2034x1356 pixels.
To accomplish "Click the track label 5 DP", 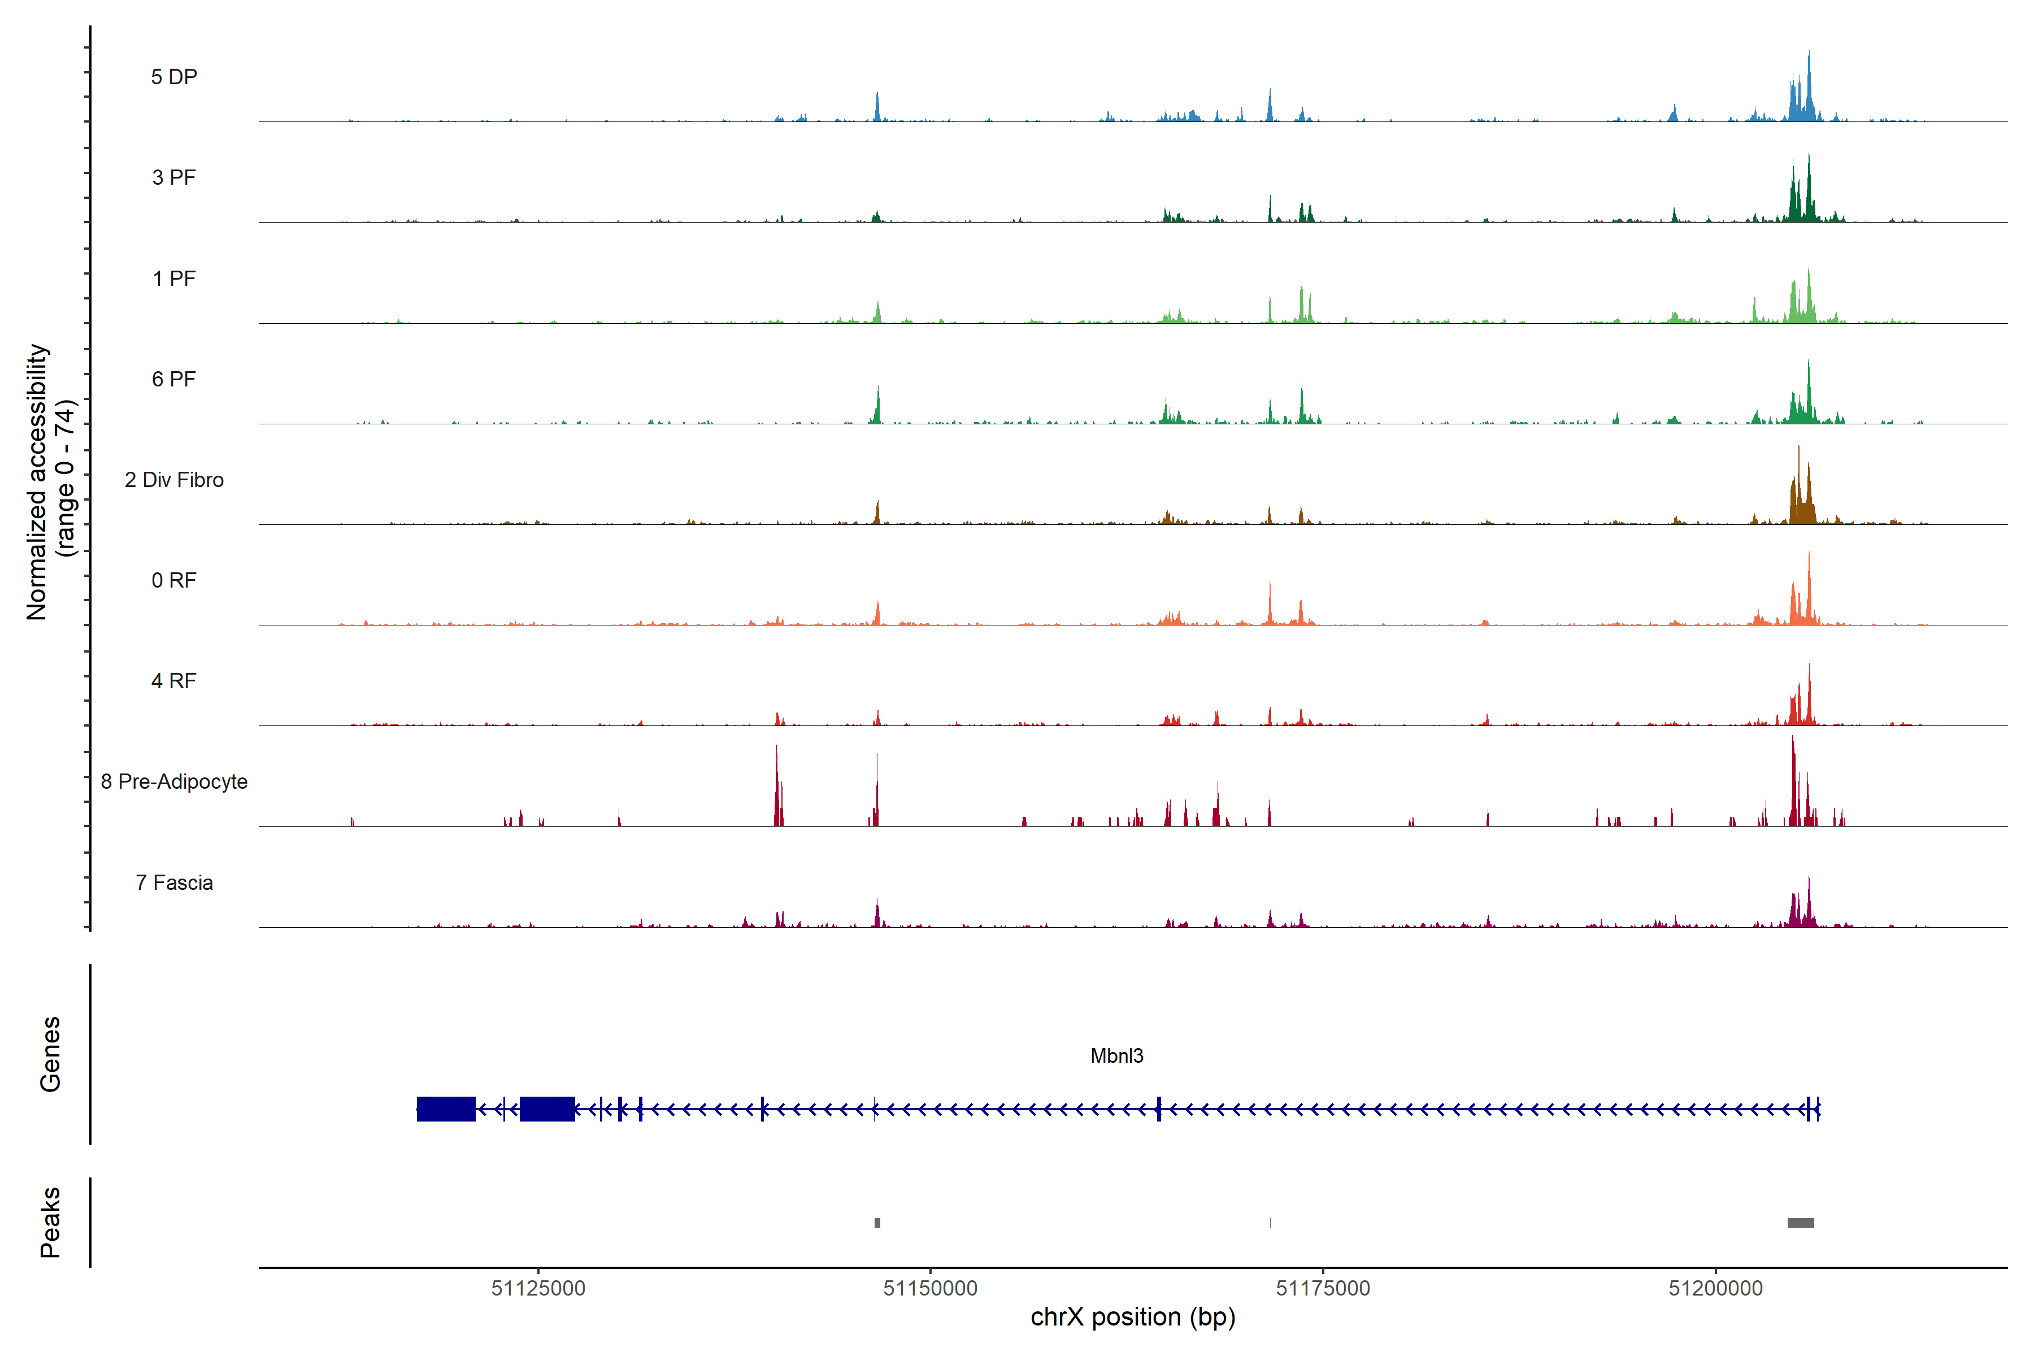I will point(174,77).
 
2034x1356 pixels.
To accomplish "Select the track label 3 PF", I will point(174,177).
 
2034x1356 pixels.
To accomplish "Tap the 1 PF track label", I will point(174,279).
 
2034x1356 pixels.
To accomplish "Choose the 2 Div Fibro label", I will point(174,480).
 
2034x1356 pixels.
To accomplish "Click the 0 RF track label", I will point(174,580).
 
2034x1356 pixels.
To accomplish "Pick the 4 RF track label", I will point(174,681).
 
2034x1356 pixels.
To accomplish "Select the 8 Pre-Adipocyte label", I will point(174,782).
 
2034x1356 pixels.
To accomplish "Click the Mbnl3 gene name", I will point(1116,1056).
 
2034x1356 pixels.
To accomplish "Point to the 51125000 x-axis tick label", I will point(538,1289).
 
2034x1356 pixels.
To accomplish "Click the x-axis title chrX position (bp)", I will point(1133,1317).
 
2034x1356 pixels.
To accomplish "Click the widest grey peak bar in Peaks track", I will point(1801,1223).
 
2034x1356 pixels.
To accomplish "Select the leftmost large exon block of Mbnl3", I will point(445,1109).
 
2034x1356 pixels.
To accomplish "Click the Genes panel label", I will point(50,1054).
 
